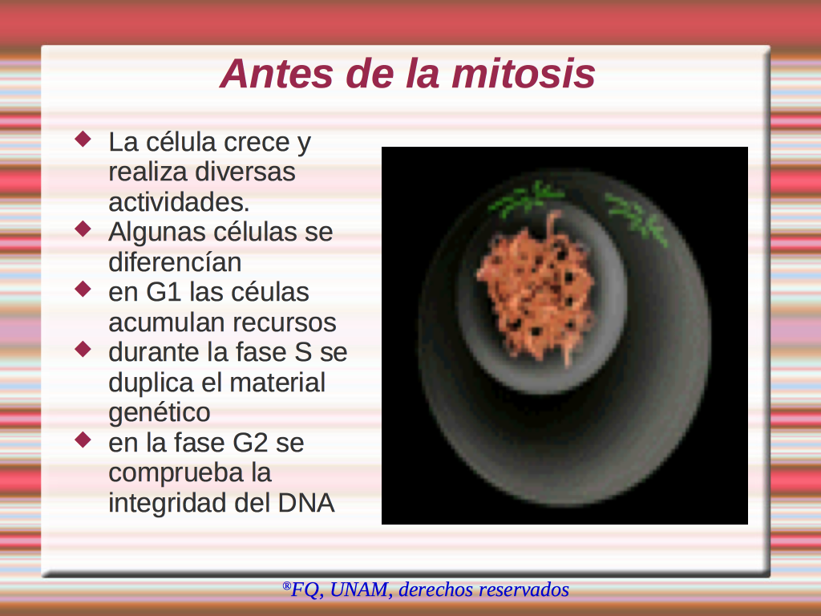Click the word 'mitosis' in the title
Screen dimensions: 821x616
pyautogui.click(x=524, y=73)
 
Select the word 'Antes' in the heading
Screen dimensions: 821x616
pyautogui.click(x=276, y=73)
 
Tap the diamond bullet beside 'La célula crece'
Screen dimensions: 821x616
pyautogui.click(x=83, y=139)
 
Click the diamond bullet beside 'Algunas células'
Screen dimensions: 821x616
pyautogui.click(x=83, y=229)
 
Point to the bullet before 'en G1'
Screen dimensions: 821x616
pyautogui.click(x=83, y=289)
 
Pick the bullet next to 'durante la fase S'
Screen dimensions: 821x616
pyautogui.click(x=83, y=349)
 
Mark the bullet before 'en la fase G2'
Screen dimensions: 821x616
pyautogui.click(x=83, y=440)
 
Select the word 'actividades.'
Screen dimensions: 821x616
pyautogui.click(x=179, y=201)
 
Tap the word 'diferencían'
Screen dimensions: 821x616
pyautogui.click(x=175, y=262)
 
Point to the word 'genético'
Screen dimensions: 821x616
pyautogui.click(x=160, y=413)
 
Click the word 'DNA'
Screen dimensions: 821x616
pyautogui.click(x=306, y=503)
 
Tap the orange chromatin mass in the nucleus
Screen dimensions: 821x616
pyautogui.click(x=536, y=288)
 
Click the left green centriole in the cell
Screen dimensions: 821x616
pyautogui.click(x=525, y=199)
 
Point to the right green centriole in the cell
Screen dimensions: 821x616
pyautogui.click(x=636, y=217)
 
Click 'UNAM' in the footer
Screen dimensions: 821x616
pyautogui.click(x=360, y=590)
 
